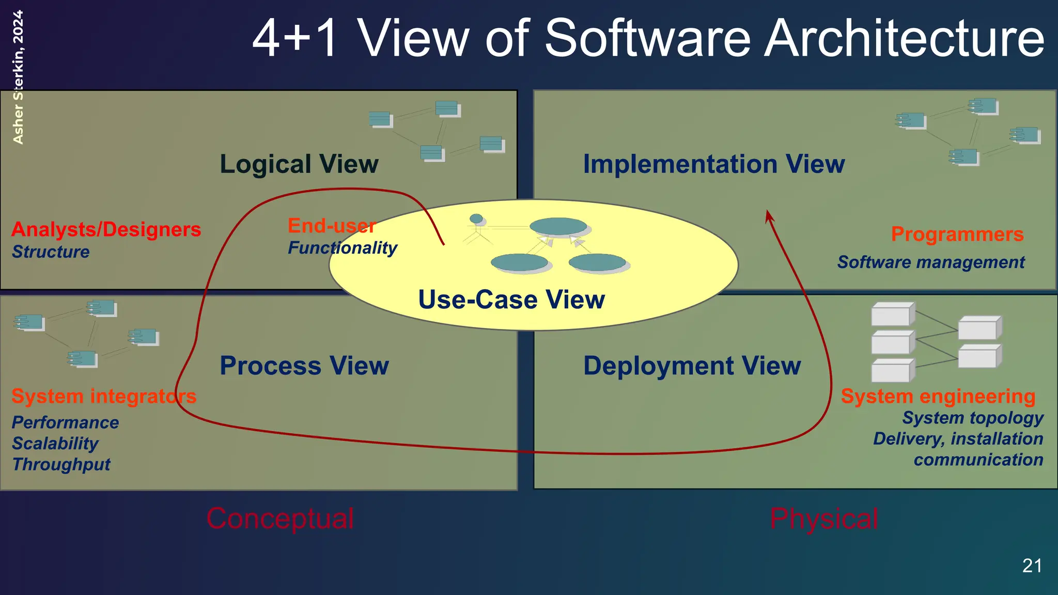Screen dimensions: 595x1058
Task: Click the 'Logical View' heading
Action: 299,164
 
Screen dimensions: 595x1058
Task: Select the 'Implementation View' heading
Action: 713,164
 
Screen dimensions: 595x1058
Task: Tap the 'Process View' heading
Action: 304,366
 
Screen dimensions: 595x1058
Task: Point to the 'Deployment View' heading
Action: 692,366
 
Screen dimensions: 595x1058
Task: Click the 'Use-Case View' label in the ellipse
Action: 511,300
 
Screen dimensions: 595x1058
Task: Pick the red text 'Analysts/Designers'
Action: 106,229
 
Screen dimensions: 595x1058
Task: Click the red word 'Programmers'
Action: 957,234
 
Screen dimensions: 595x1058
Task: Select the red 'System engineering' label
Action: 938,396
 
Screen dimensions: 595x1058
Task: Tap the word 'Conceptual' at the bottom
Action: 280,519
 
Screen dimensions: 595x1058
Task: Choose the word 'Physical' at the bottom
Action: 823,519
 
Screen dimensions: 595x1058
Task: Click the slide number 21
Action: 1032,566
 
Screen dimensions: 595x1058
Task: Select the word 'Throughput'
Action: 61,464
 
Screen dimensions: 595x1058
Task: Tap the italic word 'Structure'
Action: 51,252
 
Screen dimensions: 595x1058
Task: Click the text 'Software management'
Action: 931,262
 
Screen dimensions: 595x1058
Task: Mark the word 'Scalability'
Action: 55,443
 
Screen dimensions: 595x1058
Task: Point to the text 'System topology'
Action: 973,418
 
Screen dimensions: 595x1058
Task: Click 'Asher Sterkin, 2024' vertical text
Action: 18,77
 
